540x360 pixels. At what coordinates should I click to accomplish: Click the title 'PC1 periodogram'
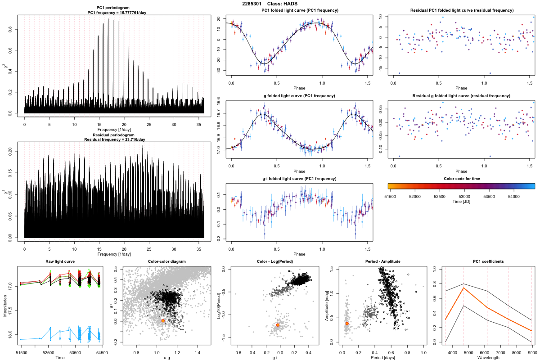pyautogui.click(x=114, y=9)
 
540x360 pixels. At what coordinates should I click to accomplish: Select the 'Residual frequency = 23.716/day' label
pyautogui.click(x=114, y=139)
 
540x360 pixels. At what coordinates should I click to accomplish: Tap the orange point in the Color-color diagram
pyautogui.click(x=163, y=321)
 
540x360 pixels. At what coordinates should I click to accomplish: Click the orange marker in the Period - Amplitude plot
pyautogui.click(x=346, y=323)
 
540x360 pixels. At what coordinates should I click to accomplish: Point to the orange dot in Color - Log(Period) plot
pyautogui.click(x=278, y=325)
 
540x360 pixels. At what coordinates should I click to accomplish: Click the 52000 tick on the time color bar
pyautogui.click(x=414, y=196)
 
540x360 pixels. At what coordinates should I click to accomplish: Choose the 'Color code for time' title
pyautogui.click(x=461, y=179)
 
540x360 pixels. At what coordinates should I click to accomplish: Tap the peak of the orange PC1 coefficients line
pyautogui.click(x=463, y=288)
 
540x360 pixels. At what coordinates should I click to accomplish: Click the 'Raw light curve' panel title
pyautogui.click(x=60, y=261)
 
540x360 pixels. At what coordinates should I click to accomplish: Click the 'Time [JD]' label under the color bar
pyautogui.click(x=461, y=202)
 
